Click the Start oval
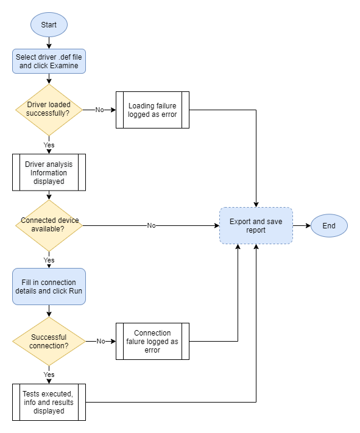click(49, 25)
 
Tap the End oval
click(329, 226)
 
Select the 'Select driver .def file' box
click(49, 62)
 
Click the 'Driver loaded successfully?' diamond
click(49, 110)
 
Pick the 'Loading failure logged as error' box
click(152, 110)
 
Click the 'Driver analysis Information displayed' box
click(49, 172)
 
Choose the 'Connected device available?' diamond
click(49, 225)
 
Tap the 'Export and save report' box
click(256, 226)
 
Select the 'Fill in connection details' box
click(49, 287)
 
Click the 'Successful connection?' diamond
click(49, 341)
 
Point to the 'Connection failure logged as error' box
click(152, 342)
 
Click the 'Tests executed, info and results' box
click(49, 402)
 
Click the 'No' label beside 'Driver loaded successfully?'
click(99, 110)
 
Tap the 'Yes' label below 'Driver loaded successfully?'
click(49, 145)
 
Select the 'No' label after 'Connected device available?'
click(151, 225)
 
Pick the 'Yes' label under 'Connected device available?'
click(49, 260)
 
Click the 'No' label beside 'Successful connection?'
click(101, 342)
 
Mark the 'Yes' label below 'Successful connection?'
click(49, 375)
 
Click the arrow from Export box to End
click(302, 226)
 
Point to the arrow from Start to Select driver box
click(49, 43)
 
